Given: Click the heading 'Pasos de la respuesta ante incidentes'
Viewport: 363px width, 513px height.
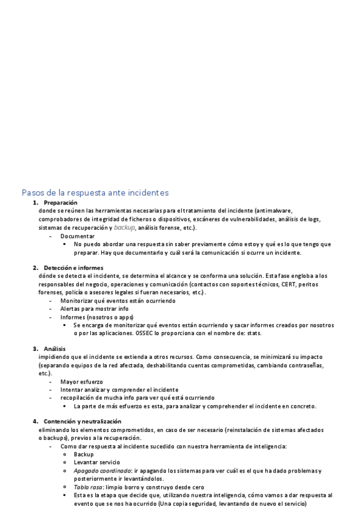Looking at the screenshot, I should tap(95, 192).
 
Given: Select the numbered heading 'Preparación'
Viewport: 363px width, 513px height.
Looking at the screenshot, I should tap(61, 202).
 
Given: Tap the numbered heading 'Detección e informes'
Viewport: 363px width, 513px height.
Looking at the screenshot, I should tap(73, 267).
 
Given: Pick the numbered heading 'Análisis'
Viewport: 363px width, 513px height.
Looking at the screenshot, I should tap(55, 348).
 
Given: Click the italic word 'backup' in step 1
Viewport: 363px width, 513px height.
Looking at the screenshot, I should tap(124, 227).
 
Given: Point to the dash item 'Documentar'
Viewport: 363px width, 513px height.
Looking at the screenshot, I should tap(78, 236).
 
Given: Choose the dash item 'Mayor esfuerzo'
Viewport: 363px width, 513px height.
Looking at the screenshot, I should tap(81, 382).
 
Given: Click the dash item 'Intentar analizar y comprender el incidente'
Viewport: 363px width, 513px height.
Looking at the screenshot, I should tap(119, 390).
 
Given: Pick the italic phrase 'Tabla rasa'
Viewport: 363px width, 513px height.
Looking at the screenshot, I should tap(88, 487).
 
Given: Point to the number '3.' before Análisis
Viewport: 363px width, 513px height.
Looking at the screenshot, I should tap(35, 348).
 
